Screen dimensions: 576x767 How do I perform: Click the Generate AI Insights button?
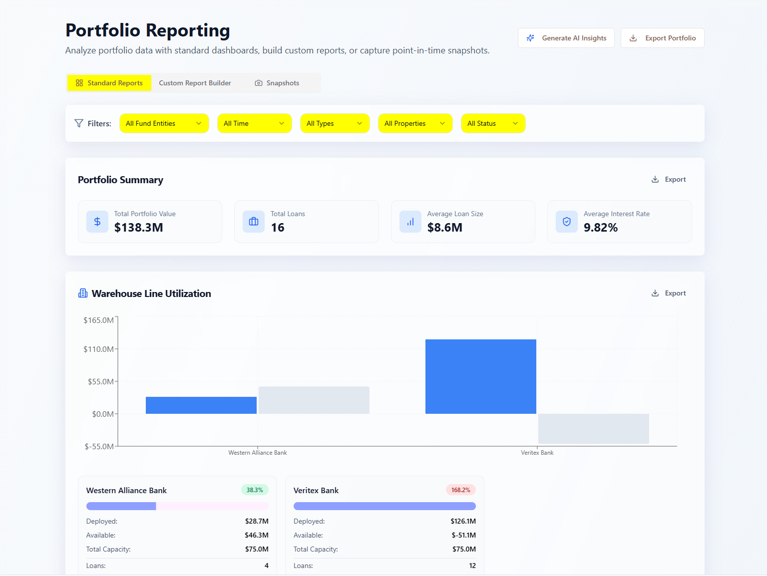(x=566, y=38)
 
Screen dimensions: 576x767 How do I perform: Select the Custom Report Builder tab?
(x=195, y=83)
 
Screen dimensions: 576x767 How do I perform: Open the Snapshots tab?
(x=277, y=83)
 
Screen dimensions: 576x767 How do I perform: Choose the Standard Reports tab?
(x=109, y=83)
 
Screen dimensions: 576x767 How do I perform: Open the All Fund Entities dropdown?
(x=164, y=123)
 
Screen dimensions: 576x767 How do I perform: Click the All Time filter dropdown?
(x=254, y=123)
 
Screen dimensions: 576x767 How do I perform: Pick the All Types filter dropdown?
(x=335, y=123)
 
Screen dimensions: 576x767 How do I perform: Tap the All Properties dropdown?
(x=415, y=123)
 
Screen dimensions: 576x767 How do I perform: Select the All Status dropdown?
(x=493, y=123)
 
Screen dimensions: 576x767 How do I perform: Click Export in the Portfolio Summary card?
(x=669, y=180)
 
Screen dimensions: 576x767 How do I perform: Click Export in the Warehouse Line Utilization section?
(x=669, y=293)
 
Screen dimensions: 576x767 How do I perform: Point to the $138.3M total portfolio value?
(x=139, y=228)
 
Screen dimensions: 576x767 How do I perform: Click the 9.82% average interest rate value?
(x=601, y=228)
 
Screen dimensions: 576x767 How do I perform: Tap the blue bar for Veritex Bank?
(x=480, y=376)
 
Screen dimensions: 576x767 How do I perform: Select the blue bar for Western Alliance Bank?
(x=201, y=405)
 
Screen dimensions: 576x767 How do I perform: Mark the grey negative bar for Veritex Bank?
(x=593, y=429)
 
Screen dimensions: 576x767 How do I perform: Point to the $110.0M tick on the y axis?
(x=99, y=349)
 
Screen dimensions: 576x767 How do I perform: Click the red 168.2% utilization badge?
(x=460, y=490)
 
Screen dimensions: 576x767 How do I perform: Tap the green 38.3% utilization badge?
(x=255, y=490)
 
